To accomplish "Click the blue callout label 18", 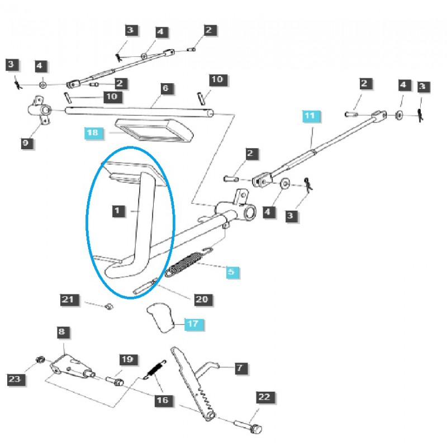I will click(93, 133).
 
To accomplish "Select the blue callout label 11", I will click(310, 116).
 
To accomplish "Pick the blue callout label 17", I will click(192, 323).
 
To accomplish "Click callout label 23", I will click(14, 380).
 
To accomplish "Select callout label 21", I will click(68, 300).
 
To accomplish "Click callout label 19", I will click(127, 359).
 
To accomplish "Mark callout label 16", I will click(163, 401).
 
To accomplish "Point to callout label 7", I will click(239, 368).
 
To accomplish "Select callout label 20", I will click(202, 299).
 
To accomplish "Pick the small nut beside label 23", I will click(40, 359).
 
